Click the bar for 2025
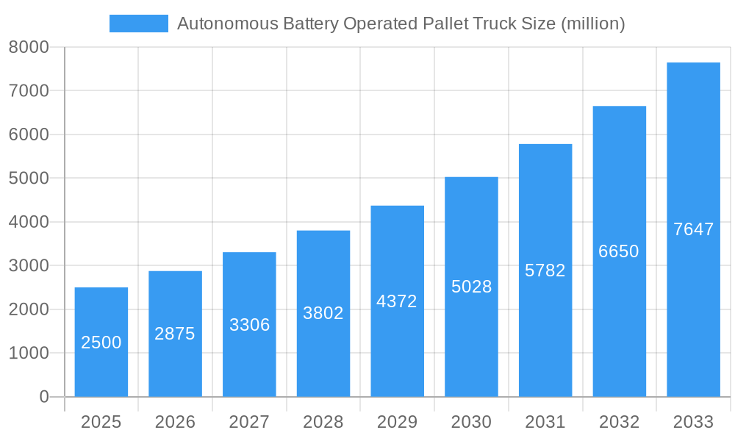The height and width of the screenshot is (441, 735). click(x=101, y=342)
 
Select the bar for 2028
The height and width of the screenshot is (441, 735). click(x=323, y=314)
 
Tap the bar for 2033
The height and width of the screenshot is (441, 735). click(x=693, y=229)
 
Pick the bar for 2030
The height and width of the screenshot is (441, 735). click(x=471, y=287)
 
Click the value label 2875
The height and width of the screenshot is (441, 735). click(x=175, y=334)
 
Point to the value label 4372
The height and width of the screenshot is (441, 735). click(x=397, y=301)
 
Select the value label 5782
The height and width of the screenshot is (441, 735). click(x=545, y=270)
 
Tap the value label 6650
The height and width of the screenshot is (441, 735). click(x=619, y=251)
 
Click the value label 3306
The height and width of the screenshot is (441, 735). click(x=249, y=325)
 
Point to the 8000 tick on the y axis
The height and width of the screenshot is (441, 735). click(x=29, y=47)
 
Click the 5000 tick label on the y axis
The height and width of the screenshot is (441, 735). click(x=29, y=179)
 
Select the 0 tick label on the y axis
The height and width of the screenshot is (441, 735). click(x=43, y=397)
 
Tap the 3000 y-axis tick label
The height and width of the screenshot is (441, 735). click(x=29, y=265)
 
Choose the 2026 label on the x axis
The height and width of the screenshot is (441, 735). click(x=175, y=422)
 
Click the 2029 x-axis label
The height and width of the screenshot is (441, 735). click(x=397, y=422)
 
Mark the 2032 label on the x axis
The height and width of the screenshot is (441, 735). click(x=619, y=422)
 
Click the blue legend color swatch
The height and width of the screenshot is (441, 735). click(x=139, y=24)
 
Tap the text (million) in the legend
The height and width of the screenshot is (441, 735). click(x=592, y=24)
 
